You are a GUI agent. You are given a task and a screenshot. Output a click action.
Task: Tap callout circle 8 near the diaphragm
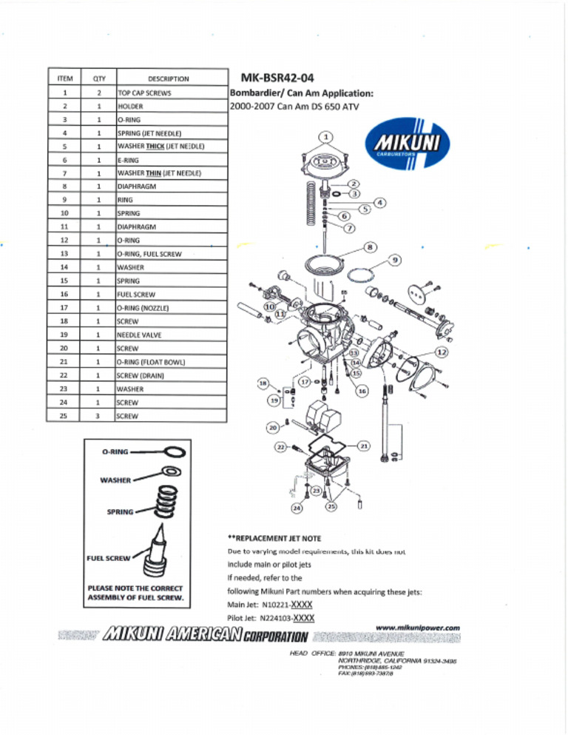371,246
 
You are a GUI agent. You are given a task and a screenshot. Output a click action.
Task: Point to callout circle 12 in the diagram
442,352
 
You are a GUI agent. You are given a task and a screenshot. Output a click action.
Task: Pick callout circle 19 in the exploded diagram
274,400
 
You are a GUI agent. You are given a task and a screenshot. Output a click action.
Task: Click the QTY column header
98,78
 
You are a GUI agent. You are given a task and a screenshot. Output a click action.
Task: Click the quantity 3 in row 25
98,416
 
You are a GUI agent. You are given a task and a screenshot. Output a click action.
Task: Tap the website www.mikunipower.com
417,628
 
